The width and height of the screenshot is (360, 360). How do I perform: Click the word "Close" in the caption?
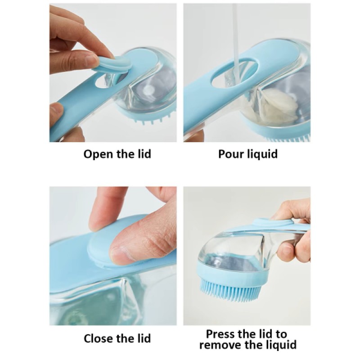pos(99,338)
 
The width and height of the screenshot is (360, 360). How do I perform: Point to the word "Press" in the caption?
pos(220,334)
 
